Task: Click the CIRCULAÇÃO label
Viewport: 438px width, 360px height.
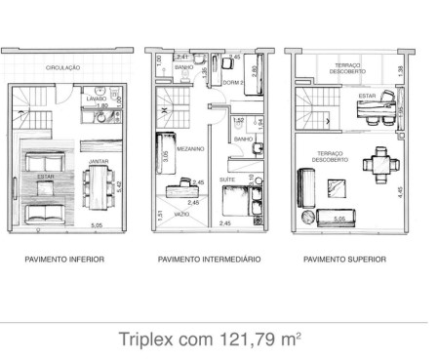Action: (x=62, y=68)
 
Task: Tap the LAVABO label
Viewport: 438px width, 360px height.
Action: (x=96, y=99)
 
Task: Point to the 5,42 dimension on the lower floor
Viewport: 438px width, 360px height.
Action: (x=118, y=183)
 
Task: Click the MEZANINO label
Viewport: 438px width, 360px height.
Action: (x=191, y=149)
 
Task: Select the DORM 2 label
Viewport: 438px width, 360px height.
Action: (x=232, y=83)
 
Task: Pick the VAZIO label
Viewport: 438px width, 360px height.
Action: (x=181, y=214)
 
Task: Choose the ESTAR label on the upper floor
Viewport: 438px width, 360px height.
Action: (x=367, y=97)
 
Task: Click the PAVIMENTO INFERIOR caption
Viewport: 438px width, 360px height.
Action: (x=64, y=260)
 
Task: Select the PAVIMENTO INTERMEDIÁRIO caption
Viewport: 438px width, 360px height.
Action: (x=209, y=260)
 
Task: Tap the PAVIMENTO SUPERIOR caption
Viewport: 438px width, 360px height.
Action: (x=343, y=260)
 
